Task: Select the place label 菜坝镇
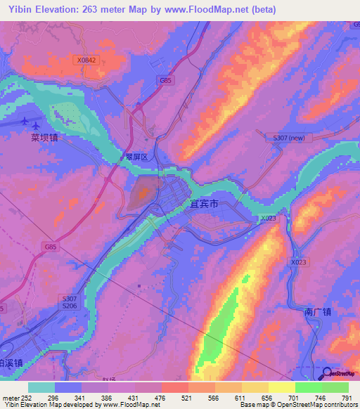[44, 138]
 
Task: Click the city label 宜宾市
[205, 204]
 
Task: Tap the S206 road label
[68, 306]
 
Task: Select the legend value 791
[346, 397]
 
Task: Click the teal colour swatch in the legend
[41, 387]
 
